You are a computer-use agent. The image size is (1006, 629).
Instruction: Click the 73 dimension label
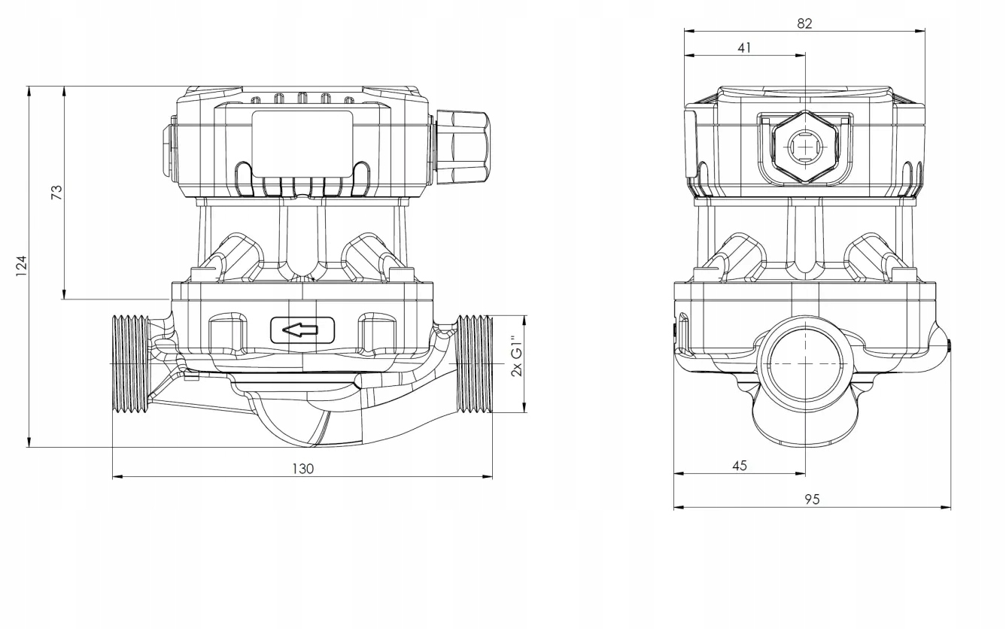(x=56, y=192)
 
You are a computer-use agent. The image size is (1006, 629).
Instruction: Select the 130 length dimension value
(x=302, y=469)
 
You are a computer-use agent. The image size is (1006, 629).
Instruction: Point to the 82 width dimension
(x=804, y=23)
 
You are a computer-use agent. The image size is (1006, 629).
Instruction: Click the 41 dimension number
(x=744, y=47)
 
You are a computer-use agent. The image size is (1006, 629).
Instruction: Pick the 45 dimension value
(x=739, y=466)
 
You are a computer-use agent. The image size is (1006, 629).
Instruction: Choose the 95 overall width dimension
(x=811, y=499)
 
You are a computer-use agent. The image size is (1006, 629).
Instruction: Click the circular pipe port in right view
(x=804, y=363)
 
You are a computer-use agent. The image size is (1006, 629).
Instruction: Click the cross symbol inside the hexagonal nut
(x=804, y=145)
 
